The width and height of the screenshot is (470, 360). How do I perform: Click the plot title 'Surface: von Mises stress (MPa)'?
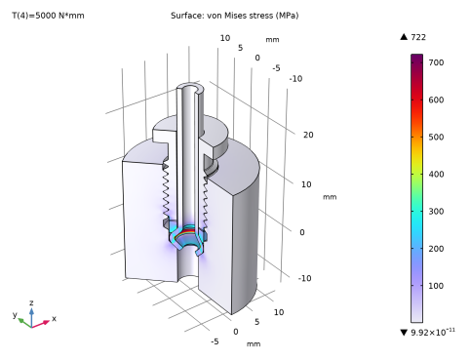click(x=234, y=16)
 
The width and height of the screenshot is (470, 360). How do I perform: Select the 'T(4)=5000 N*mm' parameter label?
click(x=48, y=16)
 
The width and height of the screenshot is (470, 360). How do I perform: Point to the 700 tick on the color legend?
click(x=436, y=62)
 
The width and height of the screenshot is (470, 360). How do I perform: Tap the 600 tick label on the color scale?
click(x=436, y=100)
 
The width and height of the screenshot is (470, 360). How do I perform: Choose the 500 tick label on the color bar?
click(x=436, y=137)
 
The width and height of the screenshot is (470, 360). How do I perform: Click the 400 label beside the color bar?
click(x=436, y=175)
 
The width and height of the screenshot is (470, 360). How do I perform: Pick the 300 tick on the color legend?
click(x=436, y=212)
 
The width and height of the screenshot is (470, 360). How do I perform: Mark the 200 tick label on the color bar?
click(x=436, y=249)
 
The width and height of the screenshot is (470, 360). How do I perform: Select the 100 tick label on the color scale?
click(x=436, y=286)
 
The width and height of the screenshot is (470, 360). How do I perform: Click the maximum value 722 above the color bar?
click(x=418, y=37)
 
